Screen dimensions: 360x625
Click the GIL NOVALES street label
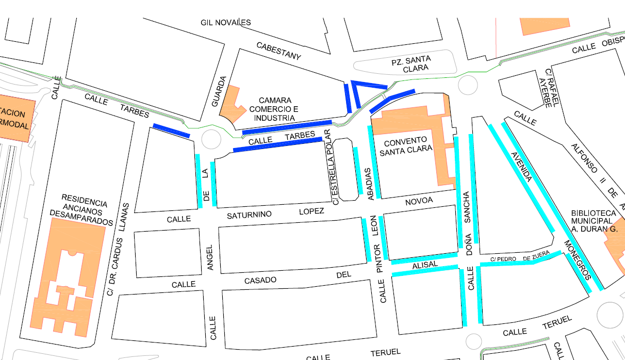(x=225, y=22)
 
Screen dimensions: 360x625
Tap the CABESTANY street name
(x=278, y=52)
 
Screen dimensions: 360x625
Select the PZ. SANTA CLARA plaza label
(x=410, y=64)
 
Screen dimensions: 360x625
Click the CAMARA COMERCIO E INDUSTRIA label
(x=274, y=109)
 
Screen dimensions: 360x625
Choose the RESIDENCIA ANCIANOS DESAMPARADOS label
(x=81, y=210)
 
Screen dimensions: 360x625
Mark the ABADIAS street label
(x=369, y=184)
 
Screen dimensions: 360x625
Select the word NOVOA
(x=419, y=201)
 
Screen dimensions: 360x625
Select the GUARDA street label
(x=219, y=91)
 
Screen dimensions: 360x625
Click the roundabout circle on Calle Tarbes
(x=211, y=139)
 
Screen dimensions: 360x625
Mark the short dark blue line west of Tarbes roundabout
(x=171, y=130)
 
